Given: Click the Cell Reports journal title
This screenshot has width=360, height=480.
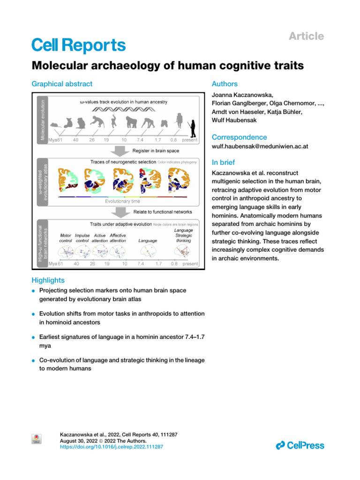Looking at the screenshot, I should point(78,45).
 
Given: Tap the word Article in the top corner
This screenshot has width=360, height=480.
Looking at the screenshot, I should point(306,36).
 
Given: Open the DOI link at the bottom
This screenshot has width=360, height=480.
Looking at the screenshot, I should point(112,447).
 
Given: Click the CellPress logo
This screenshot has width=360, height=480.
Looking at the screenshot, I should point(300,445).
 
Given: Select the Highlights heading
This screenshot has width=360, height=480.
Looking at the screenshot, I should point(48,280).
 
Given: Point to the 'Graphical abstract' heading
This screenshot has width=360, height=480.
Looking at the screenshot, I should point(62,84).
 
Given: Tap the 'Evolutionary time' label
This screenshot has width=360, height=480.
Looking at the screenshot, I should point(122,201).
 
